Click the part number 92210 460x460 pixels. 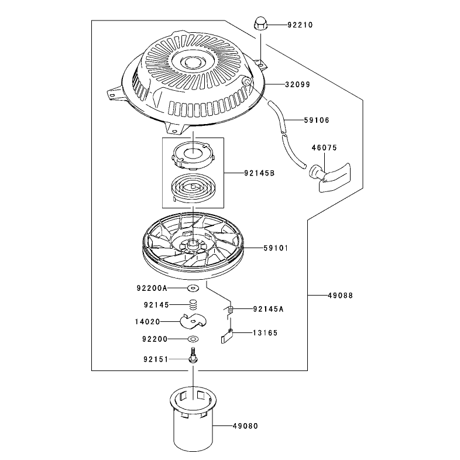coord(300,25)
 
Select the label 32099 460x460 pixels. coord(297,84)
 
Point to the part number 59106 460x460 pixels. coord(317,120)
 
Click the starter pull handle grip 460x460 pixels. coord(330,177)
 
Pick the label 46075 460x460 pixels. coord(324,147)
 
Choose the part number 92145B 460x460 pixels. coord(259,173)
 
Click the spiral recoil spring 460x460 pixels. coord(193,188)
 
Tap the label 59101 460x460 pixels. coord(276,248)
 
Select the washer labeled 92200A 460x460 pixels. coord(193,288)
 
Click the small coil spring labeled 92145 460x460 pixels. coord(193,304)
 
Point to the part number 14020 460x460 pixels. coord(147,322)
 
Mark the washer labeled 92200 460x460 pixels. coord(193,339)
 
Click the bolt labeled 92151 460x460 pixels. coord(193,356)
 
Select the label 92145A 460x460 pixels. coord(269,309)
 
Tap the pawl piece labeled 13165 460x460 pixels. coord(226,336)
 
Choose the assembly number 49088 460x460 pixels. coord(340,296)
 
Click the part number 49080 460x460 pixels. coord(246,425)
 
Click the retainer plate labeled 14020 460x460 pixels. coord(193,321)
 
